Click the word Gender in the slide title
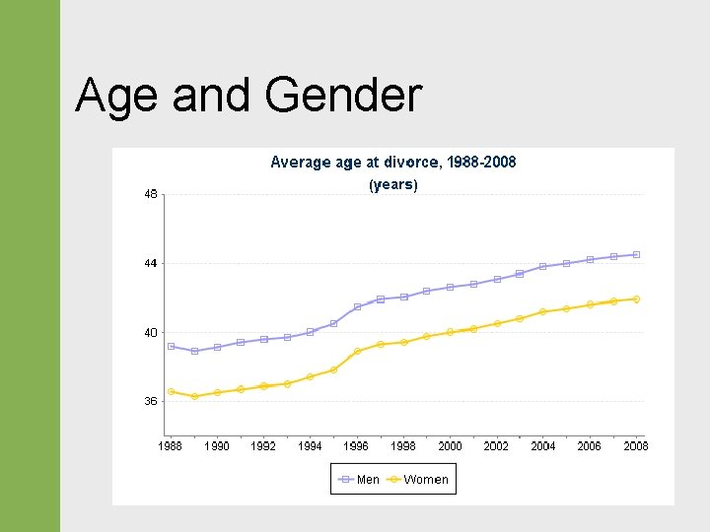click(343, 97)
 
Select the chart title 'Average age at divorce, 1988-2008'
click(392, 162)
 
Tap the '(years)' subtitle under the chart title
click(392, 184)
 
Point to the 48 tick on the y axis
click(150, 195)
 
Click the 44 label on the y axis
click(150, 264)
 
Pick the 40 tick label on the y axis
click(150, 333)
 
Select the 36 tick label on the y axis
click(150, 402)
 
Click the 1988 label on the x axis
click(171, 446)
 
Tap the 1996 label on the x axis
click(356, 446)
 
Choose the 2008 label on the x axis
click(636, 446)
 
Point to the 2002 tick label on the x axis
click(496, 446)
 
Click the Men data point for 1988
click(171, 346)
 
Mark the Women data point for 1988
click(171, 391)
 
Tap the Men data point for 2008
click(636, 254)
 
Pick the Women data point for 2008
click(636, 299)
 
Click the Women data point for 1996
click(357, 351)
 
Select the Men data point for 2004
click(543, 266)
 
